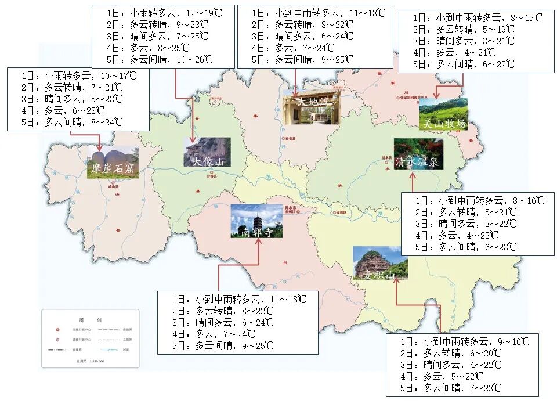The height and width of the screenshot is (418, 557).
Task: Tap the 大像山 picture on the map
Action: pos(207,152)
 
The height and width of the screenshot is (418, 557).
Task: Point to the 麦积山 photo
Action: pos(380,262)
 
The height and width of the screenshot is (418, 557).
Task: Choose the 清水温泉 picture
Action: pos(418,154)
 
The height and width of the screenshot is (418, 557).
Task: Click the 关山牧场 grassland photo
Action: pos(443,114)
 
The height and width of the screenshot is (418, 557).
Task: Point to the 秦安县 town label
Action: pos(290,139)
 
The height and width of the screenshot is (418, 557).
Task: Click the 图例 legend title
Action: pos(91,320)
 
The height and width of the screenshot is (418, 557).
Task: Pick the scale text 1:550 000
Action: pos(89,361)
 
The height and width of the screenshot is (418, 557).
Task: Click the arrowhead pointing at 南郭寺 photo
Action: pos(258,240)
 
